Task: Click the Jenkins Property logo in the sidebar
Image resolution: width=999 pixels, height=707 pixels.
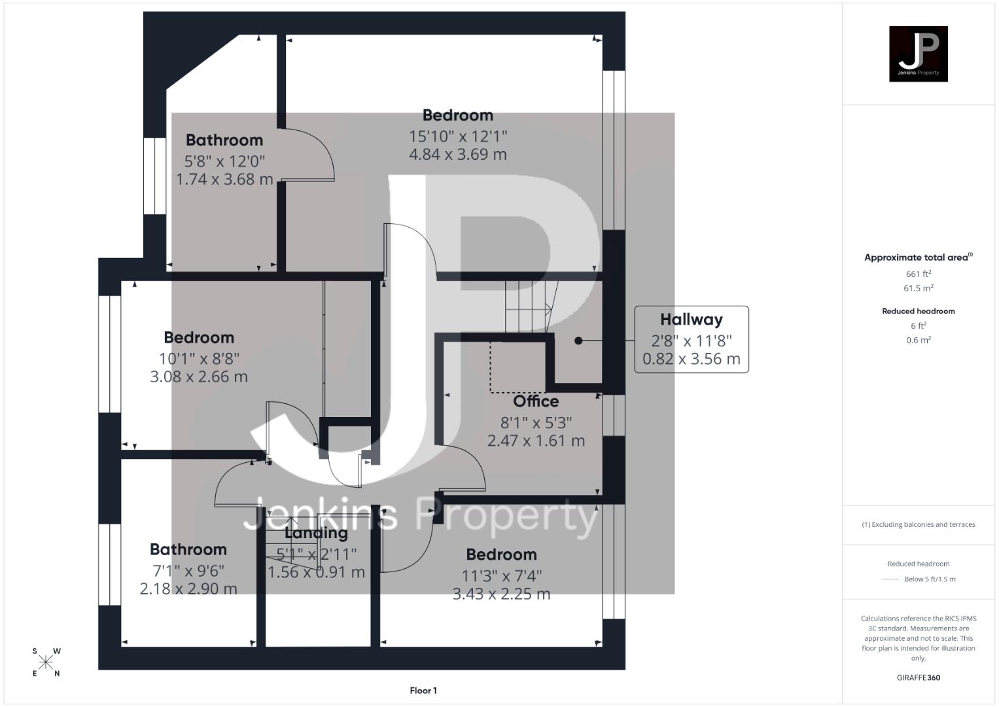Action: tap(918, 54)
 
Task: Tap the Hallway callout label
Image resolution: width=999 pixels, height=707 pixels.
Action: tap(691, 319)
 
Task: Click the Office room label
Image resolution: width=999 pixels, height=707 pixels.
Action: tap(536, 401)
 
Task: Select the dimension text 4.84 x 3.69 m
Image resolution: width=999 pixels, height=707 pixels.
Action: tap(458, 154)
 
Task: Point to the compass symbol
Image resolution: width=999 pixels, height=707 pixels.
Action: tap(46, 662)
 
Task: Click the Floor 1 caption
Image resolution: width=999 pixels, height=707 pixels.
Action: tap(423, 691)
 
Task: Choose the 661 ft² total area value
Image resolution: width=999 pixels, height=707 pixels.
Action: tap(918, 274)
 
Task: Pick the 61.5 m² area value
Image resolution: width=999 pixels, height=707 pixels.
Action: tap(918, 288)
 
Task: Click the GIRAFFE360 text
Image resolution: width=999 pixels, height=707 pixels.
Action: tap(918, 678)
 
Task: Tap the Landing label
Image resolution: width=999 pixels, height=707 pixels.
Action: tap(316, 533)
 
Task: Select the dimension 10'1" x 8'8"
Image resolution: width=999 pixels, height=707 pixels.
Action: tap(199, 359)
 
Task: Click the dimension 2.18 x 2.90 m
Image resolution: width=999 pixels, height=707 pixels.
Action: tap(188, 589)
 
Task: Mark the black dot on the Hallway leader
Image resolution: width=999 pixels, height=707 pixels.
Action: tap(578, 340)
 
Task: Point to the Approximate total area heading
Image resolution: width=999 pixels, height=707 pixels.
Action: tap(917, 257)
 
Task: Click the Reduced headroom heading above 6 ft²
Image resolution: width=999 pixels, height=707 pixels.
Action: tap(918, 311)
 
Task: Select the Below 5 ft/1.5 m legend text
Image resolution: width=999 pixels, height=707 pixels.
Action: tap(929, 579)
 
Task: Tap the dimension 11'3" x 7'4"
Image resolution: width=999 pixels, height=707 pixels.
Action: tap(502, 575)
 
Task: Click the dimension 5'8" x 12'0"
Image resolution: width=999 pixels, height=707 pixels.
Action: tap(224, 161)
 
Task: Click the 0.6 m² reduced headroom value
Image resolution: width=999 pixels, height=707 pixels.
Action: tap(918, 340)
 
